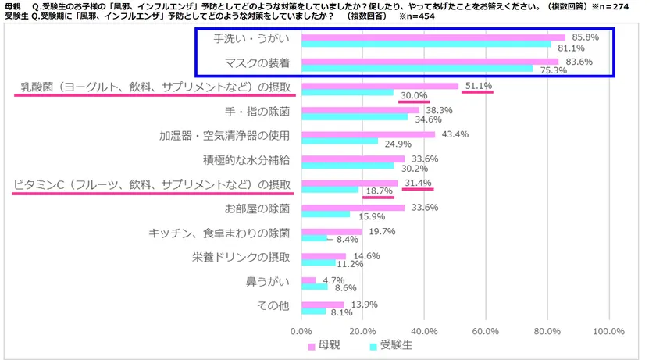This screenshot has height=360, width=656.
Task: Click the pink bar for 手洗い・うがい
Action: (433, 37)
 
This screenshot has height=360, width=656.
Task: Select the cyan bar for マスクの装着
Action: (417, 68)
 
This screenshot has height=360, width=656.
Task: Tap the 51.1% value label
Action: (477, 86)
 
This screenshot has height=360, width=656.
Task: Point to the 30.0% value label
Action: (414, 95)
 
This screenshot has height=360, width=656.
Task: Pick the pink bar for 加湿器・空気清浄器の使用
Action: (368, 134)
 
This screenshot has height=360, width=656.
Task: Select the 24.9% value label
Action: (397, 144)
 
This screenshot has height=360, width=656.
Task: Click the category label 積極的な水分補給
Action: (247, 159)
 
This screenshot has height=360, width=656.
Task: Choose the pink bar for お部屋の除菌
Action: (353, 208)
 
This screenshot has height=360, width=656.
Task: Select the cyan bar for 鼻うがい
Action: (315, 287)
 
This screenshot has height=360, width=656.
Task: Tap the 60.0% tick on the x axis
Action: (486, 331)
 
